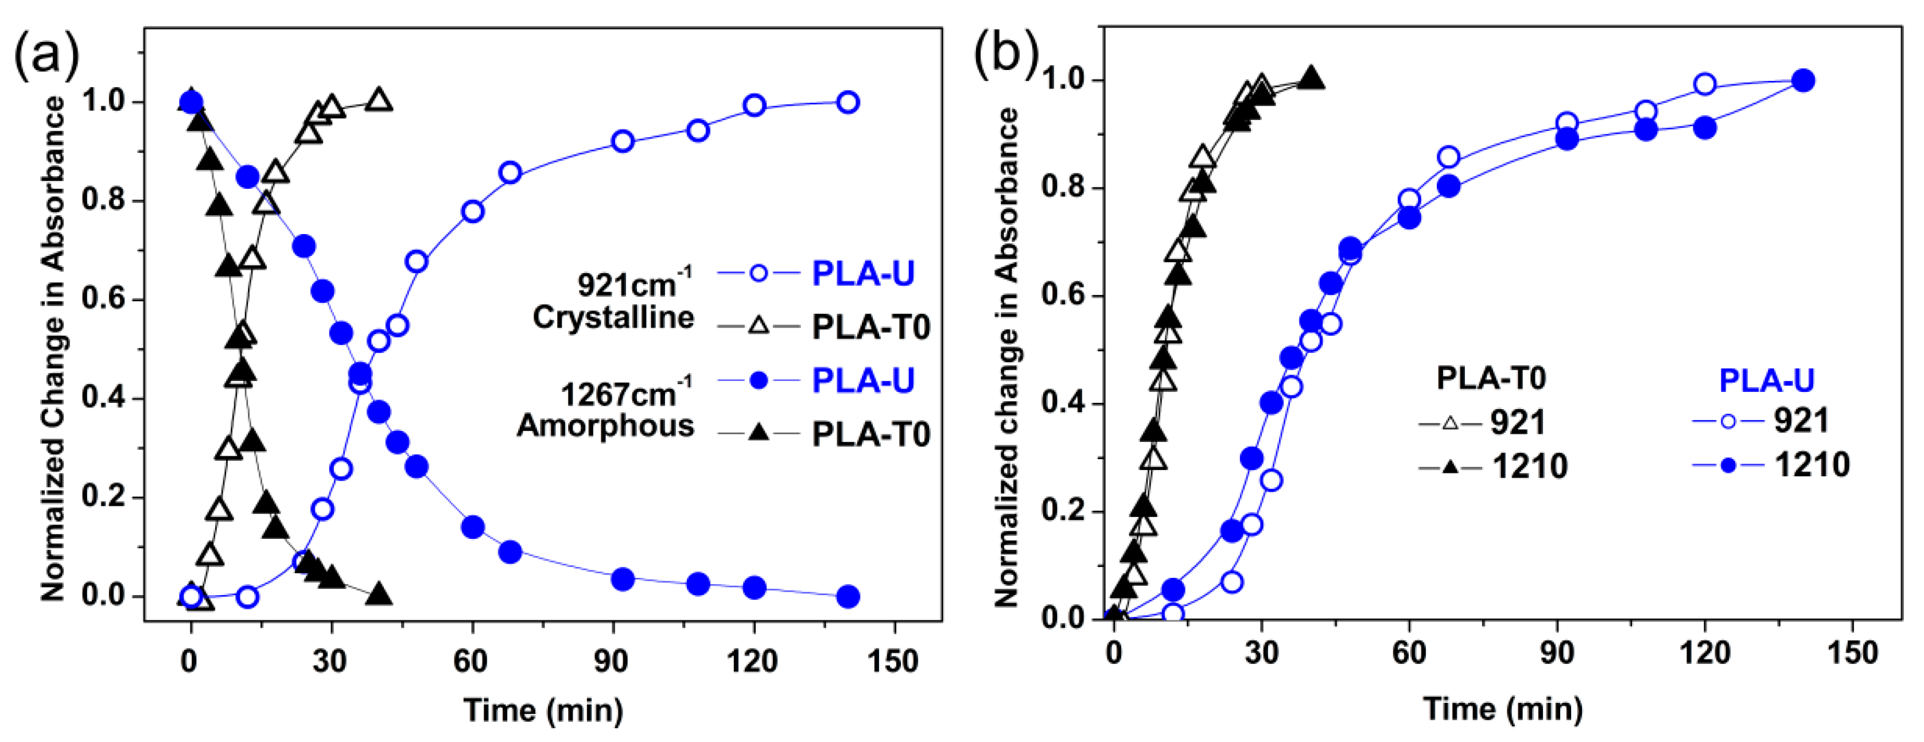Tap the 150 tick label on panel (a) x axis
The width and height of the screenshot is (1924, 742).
(893, 661)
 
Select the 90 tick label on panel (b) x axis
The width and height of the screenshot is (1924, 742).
(1557, 653)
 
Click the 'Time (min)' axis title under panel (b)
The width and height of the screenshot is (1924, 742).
(1502, 708)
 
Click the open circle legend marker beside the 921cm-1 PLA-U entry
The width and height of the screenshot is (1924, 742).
(758, 274)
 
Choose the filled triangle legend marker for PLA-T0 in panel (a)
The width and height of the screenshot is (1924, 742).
(758, 433)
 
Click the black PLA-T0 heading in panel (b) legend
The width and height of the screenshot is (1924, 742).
(1491, 379)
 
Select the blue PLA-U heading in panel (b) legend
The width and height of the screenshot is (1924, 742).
(1766, 380)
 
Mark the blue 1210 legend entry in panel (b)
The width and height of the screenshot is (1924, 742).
(1811, 465)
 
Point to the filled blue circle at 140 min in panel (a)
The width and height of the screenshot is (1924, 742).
(848, 596)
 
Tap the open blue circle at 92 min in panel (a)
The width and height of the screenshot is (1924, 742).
(622, 141)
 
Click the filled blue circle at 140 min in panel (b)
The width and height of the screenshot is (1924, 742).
(1803, 81)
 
